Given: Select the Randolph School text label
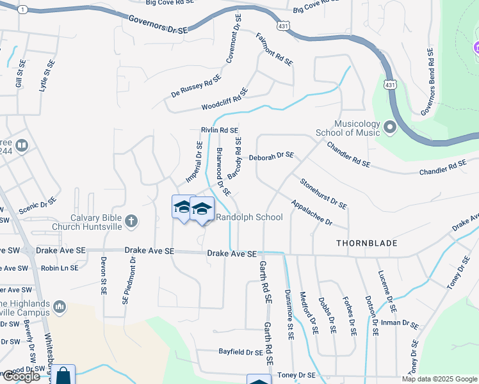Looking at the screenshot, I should (249, 217).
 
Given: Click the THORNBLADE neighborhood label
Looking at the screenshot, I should (367, 243).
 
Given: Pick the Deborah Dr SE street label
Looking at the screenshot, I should (271, 156).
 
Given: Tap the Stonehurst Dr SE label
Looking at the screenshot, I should (323, 194).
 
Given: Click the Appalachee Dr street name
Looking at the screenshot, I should (311, 213).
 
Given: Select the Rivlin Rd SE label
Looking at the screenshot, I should (219, 130).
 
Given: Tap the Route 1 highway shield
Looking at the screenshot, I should (23, 10).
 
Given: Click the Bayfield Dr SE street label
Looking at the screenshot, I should (241, 352).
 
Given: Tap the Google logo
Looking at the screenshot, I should (20, 376).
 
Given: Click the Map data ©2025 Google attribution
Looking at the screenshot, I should (440, 379).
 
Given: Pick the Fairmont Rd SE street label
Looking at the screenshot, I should (273, 49).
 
